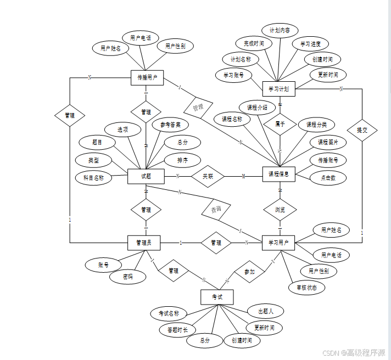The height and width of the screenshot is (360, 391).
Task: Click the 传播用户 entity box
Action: [147, 78]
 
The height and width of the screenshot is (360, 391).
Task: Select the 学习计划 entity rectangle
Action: [279, 88]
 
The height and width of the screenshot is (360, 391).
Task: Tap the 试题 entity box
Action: [146, 176]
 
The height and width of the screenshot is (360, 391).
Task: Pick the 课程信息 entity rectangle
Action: [279, 175]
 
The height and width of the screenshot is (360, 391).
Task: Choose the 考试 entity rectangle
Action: [217, 297]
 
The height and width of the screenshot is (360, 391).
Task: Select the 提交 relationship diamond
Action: [362, 130]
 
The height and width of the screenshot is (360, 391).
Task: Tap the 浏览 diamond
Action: [280, 210]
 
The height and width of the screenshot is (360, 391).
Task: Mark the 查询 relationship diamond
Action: [218, 210]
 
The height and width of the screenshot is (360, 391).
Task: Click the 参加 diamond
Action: [249, 272]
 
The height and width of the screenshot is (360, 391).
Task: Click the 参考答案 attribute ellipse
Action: [170, 125]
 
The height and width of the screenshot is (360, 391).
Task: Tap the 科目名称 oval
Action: [93, 178]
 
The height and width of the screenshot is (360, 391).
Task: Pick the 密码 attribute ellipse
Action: [128, 277]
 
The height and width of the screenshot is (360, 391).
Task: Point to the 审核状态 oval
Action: [307, 287]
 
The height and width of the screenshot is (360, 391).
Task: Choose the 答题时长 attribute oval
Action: [177, 330]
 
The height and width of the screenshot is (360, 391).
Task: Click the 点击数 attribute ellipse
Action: [327, 178]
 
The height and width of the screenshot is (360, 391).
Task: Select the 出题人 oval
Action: [265, 311]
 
